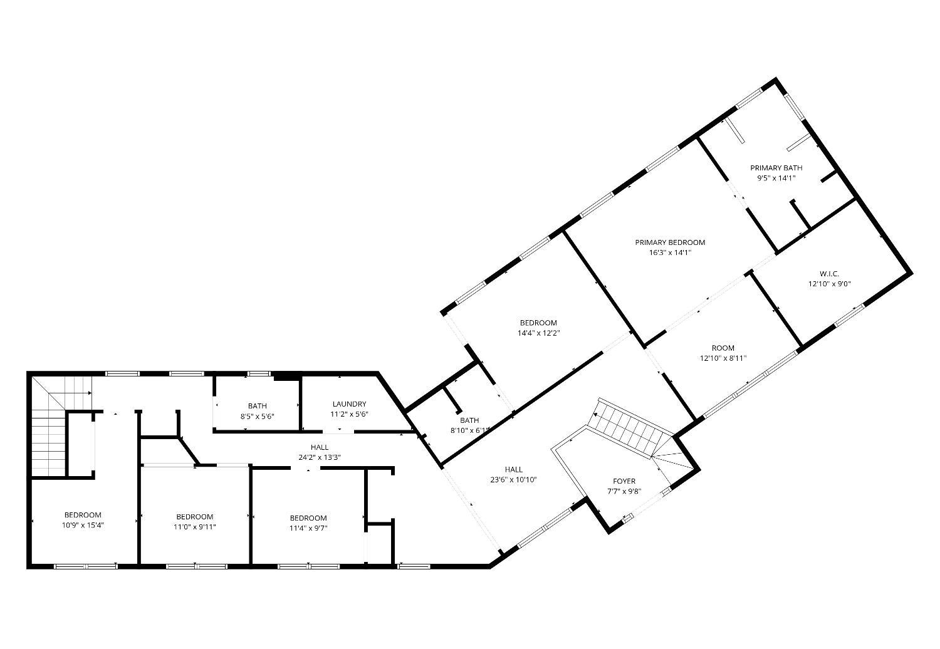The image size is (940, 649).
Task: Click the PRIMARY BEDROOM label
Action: point(670,242)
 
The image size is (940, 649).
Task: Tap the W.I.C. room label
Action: point(829,274)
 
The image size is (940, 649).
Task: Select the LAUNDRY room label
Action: point(349,404)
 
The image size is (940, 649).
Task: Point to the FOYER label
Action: point(624,481)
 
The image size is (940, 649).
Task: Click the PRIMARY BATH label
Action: point(776,168)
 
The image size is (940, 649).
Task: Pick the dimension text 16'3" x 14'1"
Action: point(670,252)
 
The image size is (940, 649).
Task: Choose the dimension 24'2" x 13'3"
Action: point(320,458)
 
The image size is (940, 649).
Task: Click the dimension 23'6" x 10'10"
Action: point(514,480)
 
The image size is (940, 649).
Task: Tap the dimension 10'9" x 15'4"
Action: point(83,525)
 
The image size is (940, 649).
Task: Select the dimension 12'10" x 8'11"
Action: point(723,358)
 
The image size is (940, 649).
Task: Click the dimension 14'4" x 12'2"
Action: point(539,333)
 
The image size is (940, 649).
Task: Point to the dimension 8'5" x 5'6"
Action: point(257,416)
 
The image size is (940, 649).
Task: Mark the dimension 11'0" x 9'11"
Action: point(195,527)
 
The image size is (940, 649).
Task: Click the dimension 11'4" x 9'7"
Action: point(308,528)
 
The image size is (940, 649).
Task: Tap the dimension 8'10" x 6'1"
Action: point(469,430)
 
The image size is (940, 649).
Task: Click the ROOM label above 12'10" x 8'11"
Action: point(723,348)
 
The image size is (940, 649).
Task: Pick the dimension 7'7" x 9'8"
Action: point(624,491)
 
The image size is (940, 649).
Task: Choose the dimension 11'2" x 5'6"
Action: point(349,415)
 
